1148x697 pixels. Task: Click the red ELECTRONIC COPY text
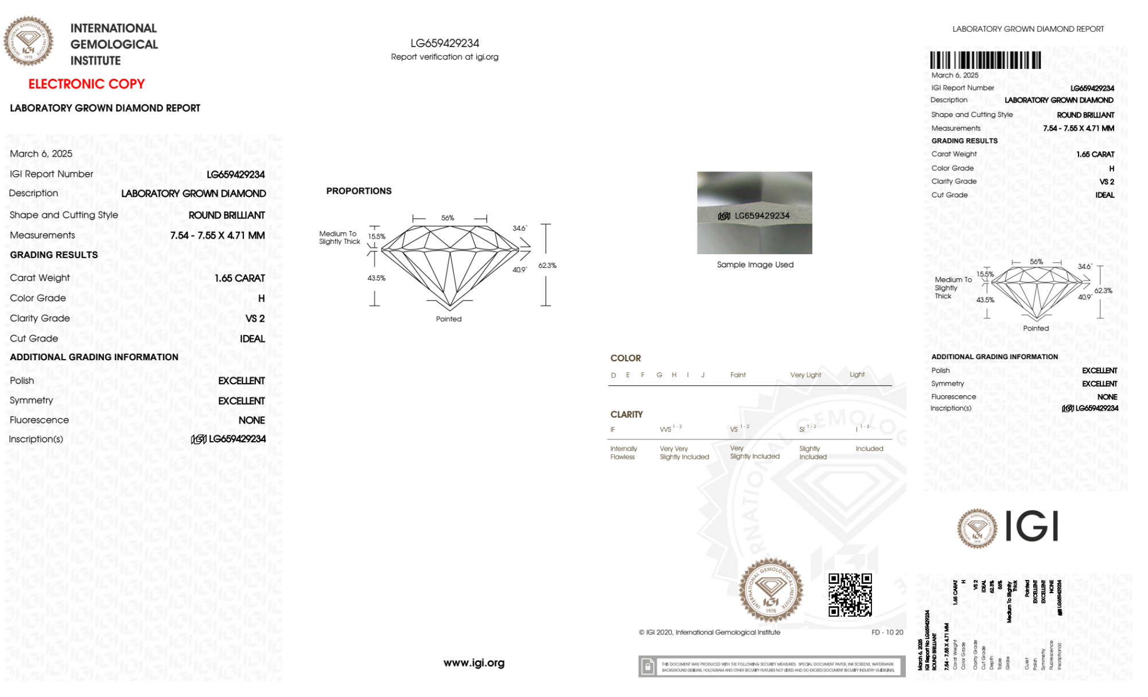[x=87, y=84]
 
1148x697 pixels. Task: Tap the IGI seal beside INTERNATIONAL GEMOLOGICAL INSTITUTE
[x=28, y=41]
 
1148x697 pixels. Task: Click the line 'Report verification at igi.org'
[x=445, y=57]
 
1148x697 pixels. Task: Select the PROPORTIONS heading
[x=359, y=191]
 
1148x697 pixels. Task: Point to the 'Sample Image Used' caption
[x=755, y=264]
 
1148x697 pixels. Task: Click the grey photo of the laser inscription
[x=754, y=212]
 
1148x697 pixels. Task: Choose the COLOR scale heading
[x=625, y=358]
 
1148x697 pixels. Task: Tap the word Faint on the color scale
[x=738, y=375]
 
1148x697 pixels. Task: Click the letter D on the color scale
[x=613, y=375]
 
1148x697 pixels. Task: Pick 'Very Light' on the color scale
[x=805, y=375]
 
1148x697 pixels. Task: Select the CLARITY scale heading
[x=626, y=414]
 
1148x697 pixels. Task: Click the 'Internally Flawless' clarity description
[x=623, y=453]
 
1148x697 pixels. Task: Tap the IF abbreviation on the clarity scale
[x=613, y=430]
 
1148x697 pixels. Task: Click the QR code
[x=850, y=594]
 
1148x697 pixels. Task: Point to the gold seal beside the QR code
[x=770, y=590]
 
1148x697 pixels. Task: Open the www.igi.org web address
[x=474, y=663]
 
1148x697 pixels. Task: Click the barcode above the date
[x=985, y=60]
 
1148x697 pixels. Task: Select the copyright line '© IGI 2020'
[x=709, y=632]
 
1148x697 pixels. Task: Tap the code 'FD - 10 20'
[x=887, y=632]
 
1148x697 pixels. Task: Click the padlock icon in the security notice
[x=648, y=667]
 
